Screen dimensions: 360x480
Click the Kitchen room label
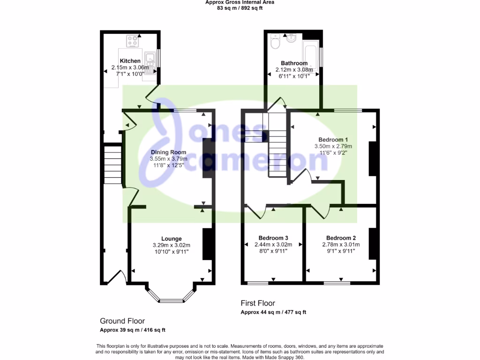(130, 61)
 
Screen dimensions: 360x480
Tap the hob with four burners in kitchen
(134, 41)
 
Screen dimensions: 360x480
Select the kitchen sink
(150, 63)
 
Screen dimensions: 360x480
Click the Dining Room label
(168, 152)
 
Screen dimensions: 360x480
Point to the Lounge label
(171, 239)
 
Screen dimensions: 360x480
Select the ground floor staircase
(112, 165)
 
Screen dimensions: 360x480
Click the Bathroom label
(294, 63)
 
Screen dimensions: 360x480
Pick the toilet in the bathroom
(275, 43)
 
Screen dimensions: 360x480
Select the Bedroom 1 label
(333, 140)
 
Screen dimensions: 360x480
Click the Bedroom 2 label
(341, 238)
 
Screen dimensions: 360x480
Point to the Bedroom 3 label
(273, 238)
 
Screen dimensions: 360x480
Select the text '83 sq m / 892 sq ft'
(240, 7)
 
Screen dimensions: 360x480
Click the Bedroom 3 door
(257, 212)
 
